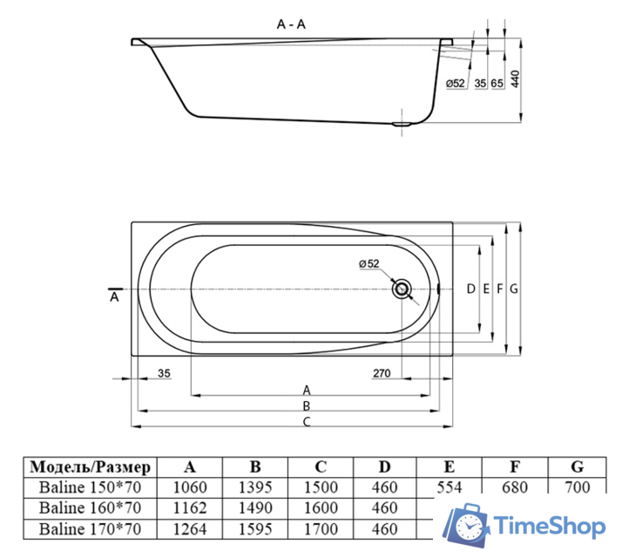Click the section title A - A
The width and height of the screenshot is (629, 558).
(x=291, y=24)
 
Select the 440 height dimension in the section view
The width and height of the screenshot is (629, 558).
(x=514, y=80)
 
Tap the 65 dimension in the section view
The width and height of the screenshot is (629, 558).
(x=497, y=83)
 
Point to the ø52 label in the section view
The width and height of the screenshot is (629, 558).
(x=456, y=83)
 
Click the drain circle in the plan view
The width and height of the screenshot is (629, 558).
(x=402, y=289)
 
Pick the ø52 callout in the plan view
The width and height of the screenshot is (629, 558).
(x=368, y=264)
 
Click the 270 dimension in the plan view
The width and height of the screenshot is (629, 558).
(x=381, y=374)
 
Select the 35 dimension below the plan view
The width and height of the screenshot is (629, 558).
(x=164, y=374)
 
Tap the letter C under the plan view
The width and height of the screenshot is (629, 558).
(x=306, y=421)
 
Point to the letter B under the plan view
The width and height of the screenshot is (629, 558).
(x=306, y=405)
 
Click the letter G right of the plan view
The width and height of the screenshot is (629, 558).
(x=514, y=289)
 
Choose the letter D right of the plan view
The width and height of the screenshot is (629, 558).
(x=470, y=289)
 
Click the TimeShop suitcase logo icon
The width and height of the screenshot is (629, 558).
(x=465, y=526)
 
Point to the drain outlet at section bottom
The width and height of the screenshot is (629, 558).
(x=402, y=123)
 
